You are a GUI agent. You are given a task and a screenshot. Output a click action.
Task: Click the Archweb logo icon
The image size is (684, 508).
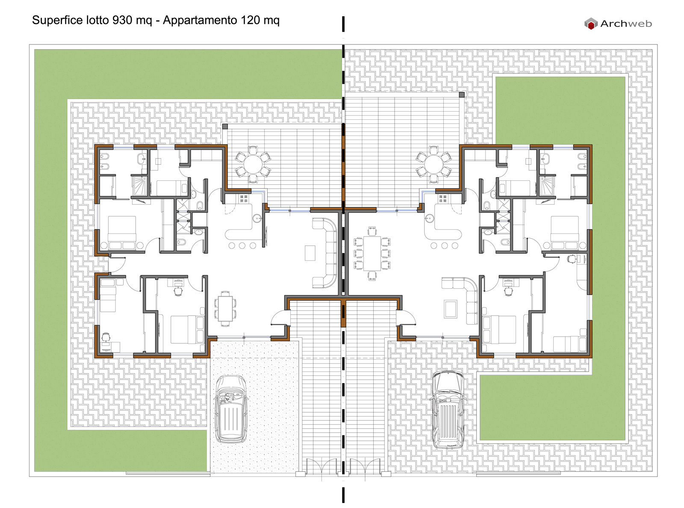click(x=590, y=24)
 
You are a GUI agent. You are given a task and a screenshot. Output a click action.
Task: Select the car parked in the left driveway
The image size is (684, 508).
click(x=230, y=409)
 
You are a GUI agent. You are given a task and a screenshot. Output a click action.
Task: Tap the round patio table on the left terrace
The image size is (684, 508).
click(x=253, y=164)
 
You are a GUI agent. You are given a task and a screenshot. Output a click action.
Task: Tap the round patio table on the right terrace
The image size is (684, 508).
click(x=433, y=164)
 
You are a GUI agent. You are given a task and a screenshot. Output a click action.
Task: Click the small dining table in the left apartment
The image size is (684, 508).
click(x=225, y=308)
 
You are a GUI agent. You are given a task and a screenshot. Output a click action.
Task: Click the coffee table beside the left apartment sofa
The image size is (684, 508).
click(x=310, y=253)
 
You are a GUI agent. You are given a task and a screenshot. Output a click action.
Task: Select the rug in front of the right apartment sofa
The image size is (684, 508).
click(x=451, y=309)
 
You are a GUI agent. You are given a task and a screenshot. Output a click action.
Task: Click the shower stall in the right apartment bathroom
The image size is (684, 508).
click(x=547, y=186)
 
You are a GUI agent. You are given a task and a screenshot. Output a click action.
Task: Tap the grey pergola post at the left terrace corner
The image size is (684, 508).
click(x=225, y=127)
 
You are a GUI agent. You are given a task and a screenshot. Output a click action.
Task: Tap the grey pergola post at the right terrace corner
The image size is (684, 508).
click(x=461, y=95)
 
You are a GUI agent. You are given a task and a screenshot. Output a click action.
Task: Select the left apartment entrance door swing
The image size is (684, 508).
click(x=279, y=318)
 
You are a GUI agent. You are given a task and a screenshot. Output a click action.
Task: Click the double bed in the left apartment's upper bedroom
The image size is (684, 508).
click(x=122, y=232)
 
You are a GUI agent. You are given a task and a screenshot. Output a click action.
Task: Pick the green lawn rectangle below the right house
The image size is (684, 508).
click(x=551, y=407)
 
